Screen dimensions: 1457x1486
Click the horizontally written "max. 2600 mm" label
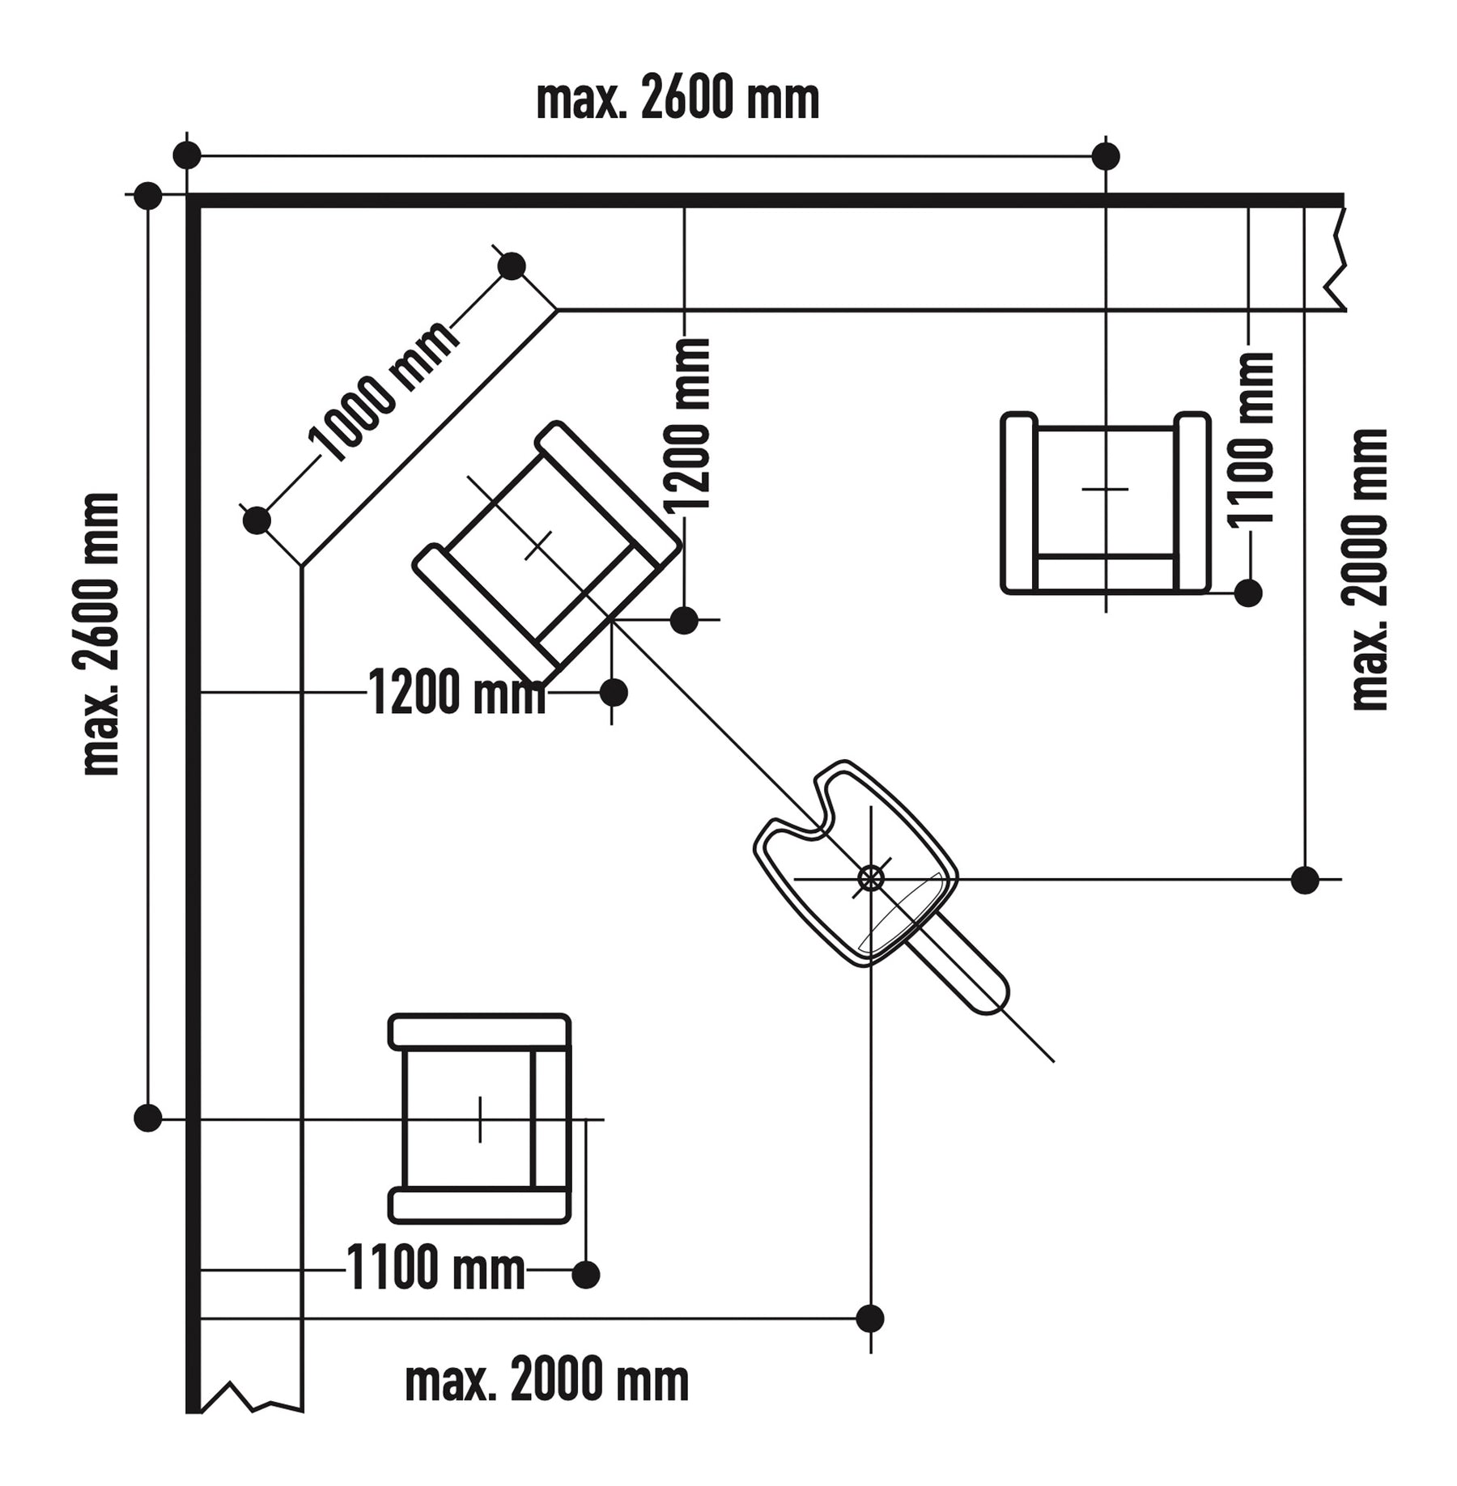(678, 100)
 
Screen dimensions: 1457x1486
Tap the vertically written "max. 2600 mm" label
(101, 634)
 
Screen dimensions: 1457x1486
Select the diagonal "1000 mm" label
(383, 392)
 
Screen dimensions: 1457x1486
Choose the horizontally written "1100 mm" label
(435, 1268)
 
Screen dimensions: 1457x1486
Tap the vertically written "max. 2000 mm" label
(1370, 570)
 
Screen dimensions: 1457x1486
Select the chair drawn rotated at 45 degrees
(546, 553)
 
